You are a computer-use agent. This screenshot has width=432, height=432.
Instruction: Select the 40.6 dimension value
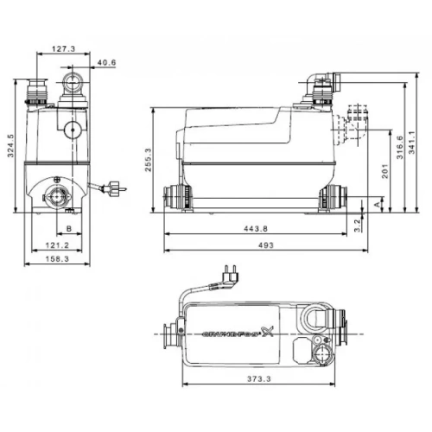pos(105,62)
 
